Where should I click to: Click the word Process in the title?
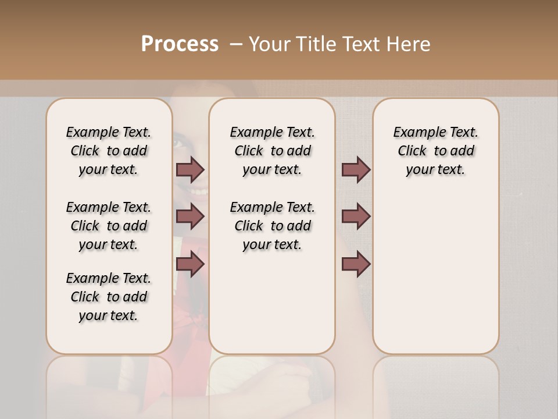click(x=180, y=44)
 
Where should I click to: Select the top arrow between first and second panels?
click(x=190, y=169)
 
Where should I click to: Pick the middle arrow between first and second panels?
click(x=190, y=216)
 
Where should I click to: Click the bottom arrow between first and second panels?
click(x=190, y=264)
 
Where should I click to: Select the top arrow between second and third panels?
click(x=356, y=169)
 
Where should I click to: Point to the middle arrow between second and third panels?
click(x=356, y=216)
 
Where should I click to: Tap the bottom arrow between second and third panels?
click(x=356, y=264)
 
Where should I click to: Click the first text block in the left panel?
click(x=109, y=151)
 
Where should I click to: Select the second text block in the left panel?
click(x=109, y=226)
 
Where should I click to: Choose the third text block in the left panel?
click(x=109, y=297)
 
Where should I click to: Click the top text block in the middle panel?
click(x=272, y=151)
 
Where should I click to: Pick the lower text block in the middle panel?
click(x=272, y=226)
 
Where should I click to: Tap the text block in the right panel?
click(x=435, y=151)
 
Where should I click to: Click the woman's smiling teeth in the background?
click(x=199, y=191)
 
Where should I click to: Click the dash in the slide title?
click(x=236, y=44)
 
